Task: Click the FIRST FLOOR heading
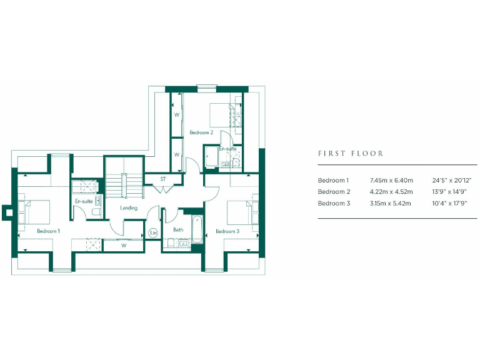point(351,153)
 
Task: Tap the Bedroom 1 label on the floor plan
point(48,231)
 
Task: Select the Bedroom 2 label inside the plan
point(201,132)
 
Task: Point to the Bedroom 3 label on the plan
point(227,231)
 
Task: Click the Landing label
point(129,208)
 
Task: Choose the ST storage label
point(162,179)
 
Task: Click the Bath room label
point(178,230)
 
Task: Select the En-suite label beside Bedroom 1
point(84,202)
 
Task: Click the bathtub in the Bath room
point(196,230)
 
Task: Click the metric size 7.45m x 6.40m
point(391,180)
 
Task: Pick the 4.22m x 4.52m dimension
point(391,192)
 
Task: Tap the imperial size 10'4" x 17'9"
point(450,203)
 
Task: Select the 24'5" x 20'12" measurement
point(451,180)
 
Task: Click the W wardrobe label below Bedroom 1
point(124,246)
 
